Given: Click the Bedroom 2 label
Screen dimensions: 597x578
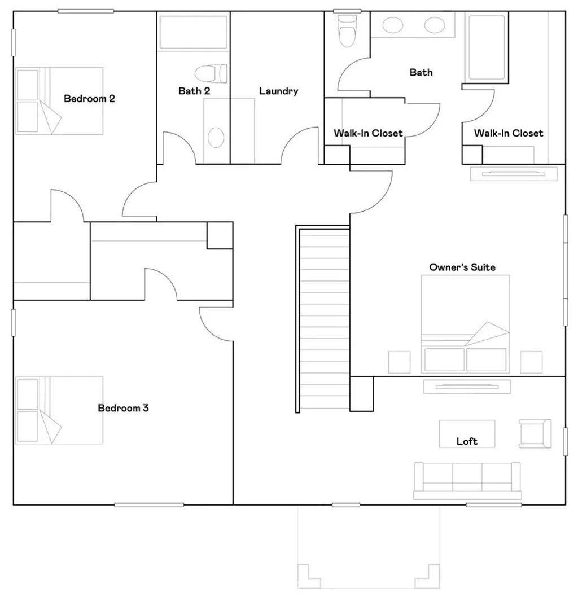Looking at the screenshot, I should click(x=89, y=99).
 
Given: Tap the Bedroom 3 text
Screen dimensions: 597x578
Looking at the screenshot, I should click(x=123, y=408).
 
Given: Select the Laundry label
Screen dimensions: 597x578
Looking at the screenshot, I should click(x=278, y=91).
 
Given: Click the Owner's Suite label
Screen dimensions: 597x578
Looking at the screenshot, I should click(x=462, y=267).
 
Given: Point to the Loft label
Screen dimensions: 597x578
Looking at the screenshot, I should click(x=467, y=441).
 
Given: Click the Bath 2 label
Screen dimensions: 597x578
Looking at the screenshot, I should click(x=194, y=91).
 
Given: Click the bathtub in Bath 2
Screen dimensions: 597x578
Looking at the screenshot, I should click(x=193, y=33).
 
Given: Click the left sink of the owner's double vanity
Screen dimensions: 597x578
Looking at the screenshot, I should click(x=393, y=25).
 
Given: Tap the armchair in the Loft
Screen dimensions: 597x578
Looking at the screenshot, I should click(x=535, y=433).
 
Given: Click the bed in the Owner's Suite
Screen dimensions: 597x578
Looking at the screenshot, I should click(x=465, y=324).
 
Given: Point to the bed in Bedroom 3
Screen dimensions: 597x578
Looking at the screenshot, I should click(x=59, y=410).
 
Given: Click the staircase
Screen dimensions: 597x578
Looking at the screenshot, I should click(x=323, y=319).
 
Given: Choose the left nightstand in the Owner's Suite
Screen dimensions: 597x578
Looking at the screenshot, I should click(x=399, y=362).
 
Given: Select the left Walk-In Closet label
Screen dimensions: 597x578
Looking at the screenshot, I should click(x=368, y=133).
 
